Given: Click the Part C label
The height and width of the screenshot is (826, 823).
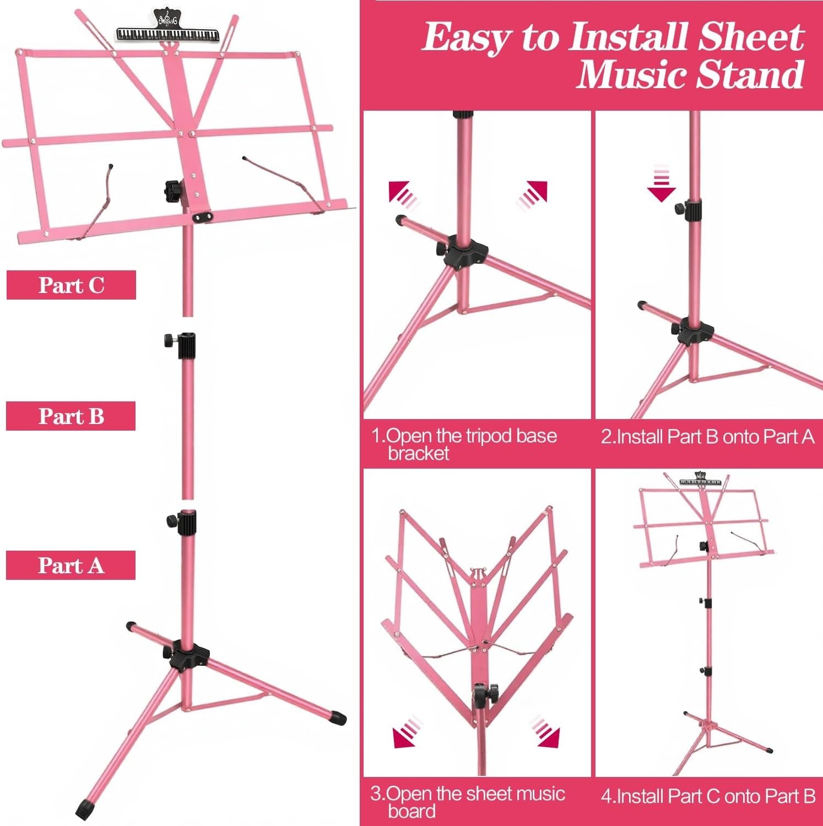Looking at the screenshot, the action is (71, 285).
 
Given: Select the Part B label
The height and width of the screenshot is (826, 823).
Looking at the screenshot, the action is (71, 416).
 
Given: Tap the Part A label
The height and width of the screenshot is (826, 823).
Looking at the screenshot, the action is (71, 565).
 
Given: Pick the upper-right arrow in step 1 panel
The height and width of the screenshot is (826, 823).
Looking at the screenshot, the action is (533, 194).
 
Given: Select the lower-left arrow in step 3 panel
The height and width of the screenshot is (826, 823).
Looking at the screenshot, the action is (407, 733).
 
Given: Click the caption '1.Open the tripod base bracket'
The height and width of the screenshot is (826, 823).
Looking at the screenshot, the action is (464, 444).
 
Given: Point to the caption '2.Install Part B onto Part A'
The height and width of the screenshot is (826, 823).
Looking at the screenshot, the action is (707, 437).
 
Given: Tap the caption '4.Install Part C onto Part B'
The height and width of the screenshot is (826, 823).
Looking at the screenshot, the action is (707, 796).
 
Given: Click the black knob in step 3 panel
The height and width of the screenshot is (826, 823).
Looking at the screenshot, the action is (485, 692).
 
